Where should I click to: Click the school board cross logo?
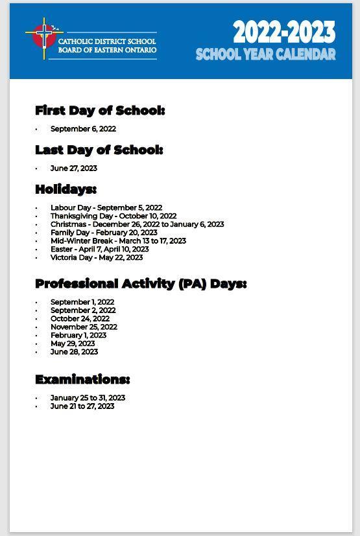coord(43,38)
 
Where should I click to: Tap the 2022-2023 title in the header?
coord(284,32)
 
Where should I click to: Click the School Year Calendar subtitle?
coord(265,54)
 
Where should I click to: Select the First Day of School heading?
coord(100,110)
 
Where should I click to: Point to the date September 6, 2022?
coord(83,129)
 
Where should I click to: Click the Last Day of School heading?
coord(99,150)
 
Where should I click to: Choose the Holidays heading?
coord(66,189)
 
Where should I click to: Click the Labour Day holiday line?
coord(106,208)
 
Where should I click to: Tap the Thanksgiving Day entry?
coord(114,216)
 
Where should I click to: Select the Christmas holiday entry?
coord(137,224)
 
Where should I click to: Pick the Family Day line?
coord(104,233)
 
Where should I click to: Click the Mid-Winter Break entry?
coord(118,241)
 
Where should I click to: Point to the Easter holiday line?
coord(99,249)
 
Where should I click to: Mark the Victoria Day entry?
coord(97,257)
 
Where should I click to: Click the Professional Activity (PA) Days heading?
coord(141,284)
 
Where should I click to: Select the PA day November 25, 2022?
coord(84,327)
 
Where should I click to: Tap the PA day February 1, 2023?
coord(78,336)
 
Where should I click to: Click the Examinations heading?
coord(82,379)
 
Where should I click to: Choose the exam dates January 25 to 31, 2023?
coord(88,398)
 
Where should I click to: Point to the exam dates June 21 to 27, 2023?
coord(82,406)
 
